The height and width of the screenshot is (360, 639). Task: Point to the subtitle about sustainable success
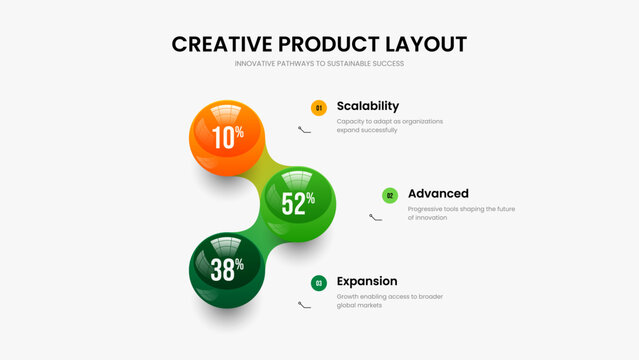pyautogui.click(x=319, y=64)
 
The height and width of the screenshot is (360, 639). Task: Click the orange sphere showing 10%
pyautogui.click(x=227, y=136)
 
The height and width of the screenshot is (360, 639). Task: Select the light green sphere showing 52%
pyautogui.click(x=298, y=202)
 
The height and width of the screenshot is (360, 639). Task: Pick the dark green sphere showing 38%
pyautogui.click(x=227, y=269)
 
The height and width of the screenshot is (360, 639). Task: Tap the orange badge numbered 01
pyautogui.click(x=319, y=108)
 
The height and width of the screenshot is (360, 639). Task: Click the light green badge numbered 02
pyautogui.click(x=390, y=195)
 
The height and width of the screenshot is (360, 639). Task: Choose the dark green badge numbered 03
pyautogui.click(x=319, y=283)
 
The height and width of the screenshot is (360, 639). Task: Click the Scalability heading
pyautogui.click(x=368, y=106)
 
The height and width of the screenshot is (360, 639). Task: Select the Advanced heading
pyautogui.click(x=438, y=193)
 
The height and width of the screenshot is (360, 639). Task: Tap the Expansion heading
pyautogui.click(x=367, y=281)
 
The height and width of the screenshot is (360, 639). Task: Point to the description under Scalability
pyautogui.click(x=389, y=125)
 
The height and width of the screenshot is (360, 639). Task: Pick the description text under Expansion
pyautogui.click(x=389, y=300)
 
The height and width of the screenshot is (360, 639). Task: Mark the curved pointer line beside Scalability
pyautogui.click(x=305, y=129)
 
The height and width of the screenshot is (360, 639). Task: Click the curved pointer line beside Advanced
pyautogui.click(x=375, y=217)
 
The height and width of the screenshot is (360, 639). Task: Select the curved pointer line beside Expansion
pyautogui.click(x=305, y=304)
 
